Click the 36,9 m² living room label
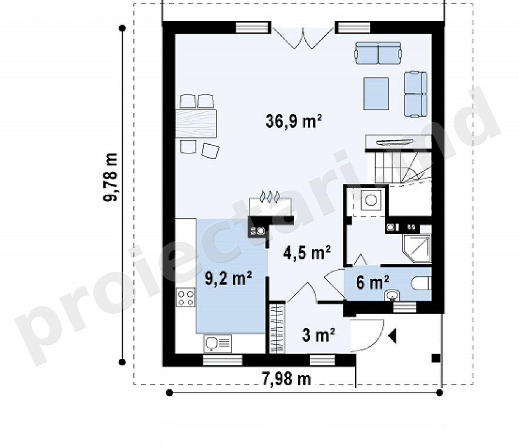294,121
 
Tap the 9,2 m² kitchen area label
228,278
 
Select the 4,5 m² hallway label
307,253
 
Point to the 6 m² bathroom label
372,283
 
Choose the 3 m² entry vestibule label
318,335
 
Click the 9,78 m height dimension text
111,177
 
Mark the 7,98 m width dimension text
287,379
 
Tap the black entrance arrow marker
393,336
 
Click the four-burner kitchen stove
186,297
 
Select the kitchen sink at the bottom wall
217,344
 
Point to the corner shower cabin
417,249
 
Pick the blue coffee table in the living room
376,94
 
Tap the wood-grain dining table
196,124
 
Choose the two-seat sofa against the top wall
378,53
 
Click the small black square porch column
436,358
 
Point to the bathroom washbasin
393,295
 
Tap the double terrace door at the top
303,38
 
